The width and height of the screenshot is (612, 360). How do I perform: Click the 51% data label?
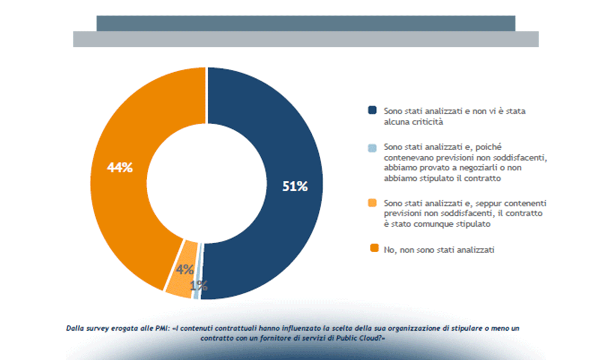point(295,186)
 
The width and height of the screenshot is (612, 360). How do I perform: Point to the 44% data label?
point(120,167)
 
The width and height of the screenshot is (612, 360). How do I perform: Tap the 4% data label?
point(184,269)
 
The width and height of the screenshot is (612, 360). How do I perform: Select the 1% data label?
point(199,286)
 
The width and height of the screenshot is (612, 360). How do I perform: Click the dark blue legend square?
point(372,110)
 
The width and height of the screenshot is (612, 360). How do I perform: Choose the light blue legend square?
point(372,148)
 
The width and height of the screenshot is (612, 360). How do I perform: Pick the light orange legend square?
point(372,203)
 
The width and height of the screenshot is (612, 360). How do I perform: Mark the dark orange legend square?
point(374,248)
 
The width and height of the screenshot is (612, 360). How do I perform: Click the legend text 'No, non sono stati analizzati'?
point(439,250)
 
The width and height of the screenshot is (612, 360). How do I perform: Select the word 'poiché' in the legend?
point(488,147)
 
